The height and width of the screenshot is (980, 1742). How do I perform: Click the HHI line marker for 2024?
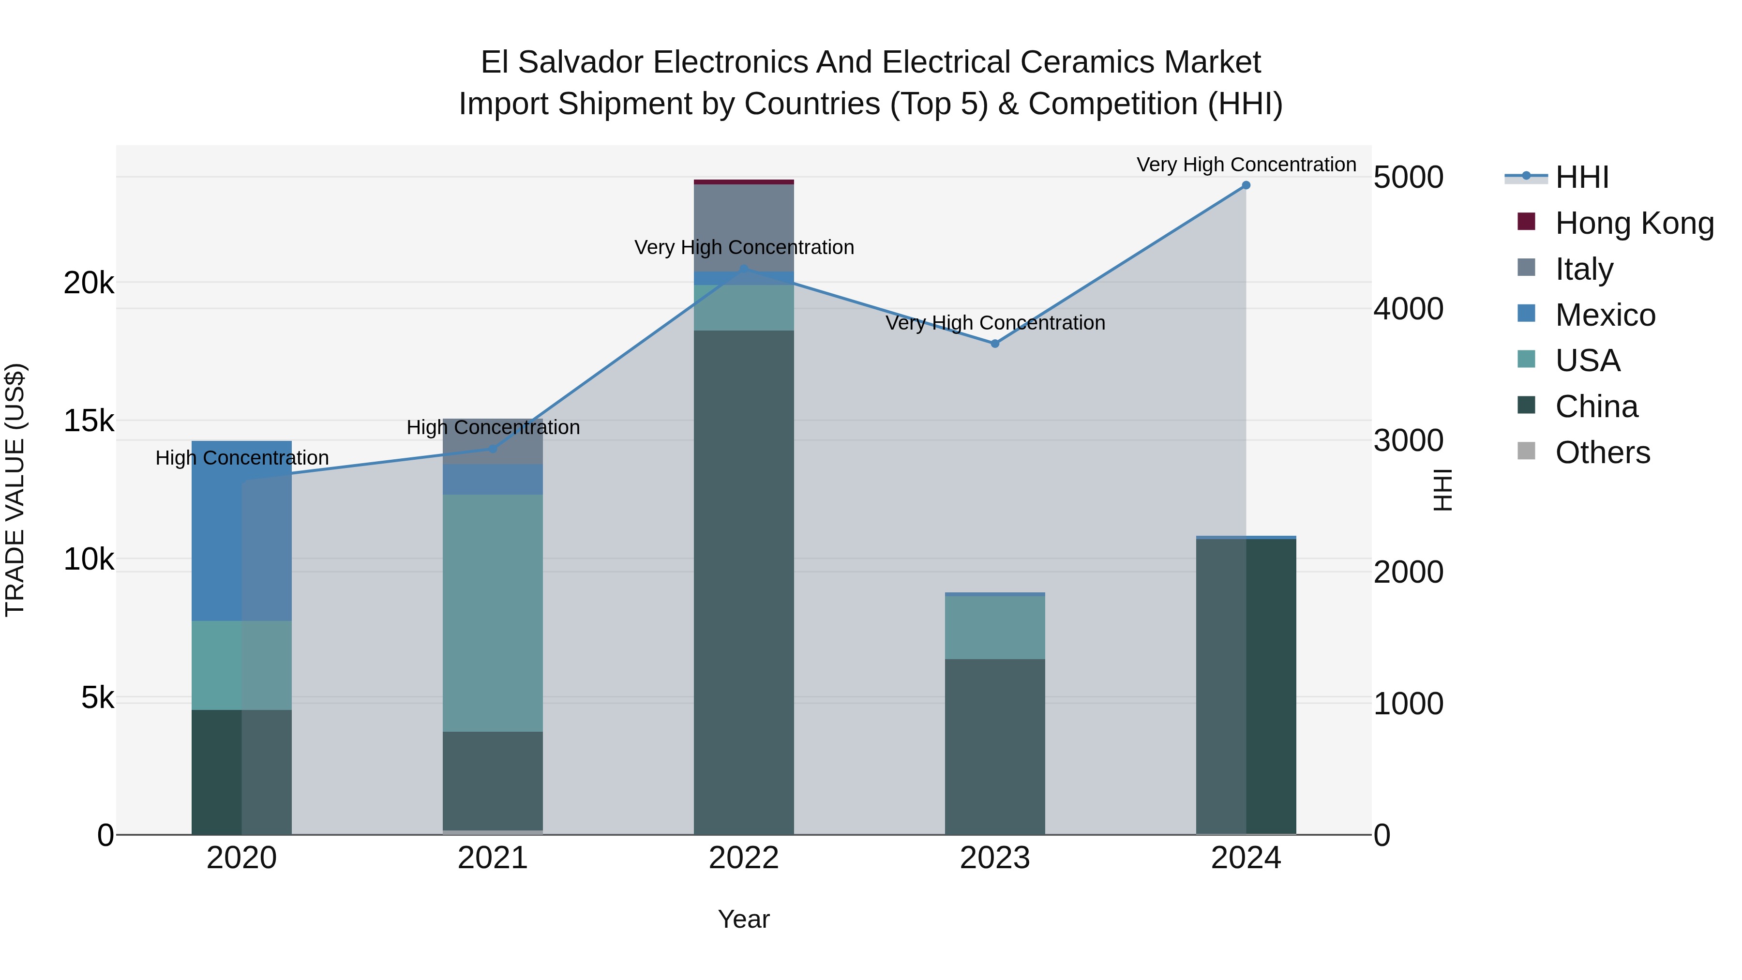point(1246,185)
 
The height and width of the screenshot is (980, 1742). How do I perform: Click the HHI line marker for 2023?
point(995,344)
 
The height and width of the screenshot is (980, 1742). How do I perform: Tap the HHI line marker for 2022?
point(744,269)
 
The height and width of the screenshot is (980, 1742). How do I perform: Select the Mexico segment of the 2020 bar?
point(241,531)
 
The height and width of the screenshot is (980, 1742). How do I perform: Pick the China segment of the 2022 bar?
point(744,582)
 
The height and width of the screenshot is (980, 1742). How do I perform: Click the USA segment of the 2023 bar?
point(995,627)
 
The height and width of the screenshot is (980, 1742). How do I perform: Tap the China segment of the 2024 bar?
point(1246,686)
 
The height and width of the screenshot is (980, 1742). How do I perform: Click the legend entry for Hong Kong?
point(1634,223)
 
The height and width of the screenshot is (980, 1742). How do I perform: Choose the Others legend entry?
point(1602,452)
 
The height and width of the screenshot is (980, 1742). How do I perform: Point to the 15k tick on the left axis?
point(89,422)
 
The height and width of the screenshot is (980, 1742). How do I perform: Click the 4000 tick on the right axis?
point(1408,309)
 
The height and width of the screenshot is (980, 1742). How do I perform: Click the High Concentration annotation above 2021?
point(493,427)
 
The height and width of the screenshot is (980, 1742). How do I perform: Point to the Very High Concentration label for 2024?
point(1246,165)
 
